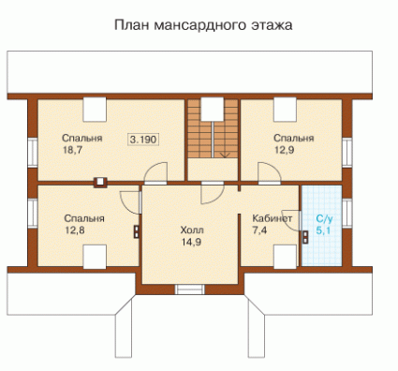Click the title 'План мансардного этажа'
203,25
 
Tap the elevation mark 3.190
143,140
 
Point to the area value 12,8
75,230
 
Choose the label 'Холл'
192,230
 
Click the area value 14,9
191,242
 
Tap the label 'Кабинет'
273,218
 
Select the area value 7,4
259,230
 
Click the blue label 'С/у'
324,218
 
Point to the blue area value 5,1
323,230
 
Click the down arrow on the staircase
225,155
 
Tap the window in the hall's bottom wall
189,289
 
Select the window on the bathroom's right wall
346,214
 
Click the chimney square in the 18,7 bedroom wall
100,182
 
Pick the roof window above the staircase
213,109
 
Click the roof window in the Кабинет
285,257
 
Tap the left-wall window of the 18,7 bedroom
33,151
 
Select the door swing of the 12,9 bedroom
270,172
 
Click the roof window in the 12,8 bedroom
95,257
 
